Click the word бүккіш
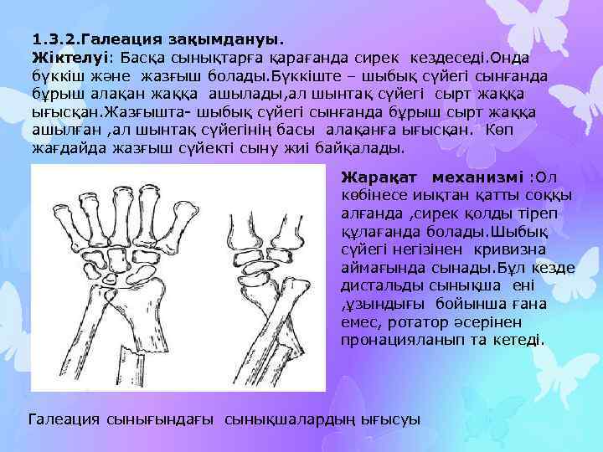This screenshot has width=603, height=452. coord(54,76)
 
